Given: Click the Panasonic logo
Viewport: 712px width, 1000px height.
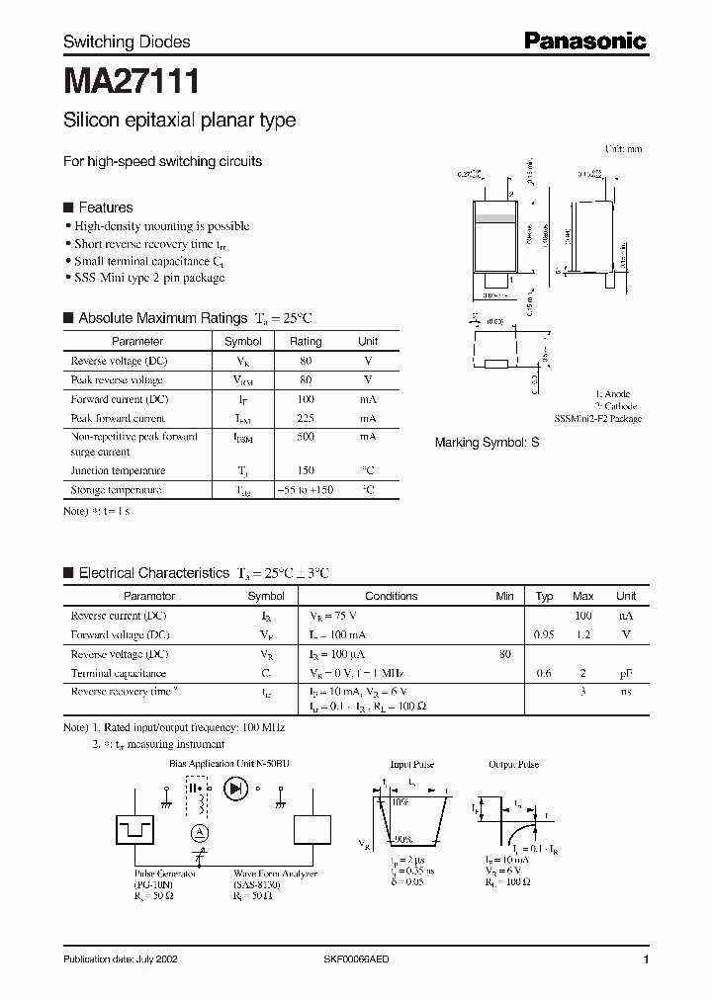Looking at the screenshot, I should coord(584,41).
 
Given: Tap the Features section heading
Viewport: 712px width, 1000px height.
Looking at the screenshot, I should coord(105,208).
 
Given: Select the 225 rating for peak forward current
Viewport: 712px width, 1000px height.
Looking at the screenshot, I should coord(306,418).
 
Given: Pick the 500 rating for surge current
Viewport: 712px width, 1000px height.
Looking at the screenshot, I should coord(306,437).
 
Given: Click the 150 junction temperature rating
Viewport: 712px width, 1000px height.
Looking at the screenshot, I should coord(306,471).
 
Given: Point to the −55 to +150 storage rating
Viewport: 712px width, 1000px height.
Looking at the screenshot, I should coord(306,490).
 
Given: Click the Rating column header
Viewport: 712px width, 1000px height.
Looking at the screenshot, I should coord(306,341).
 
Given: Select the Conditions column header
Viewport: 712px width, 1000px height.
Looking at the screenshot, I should coord(391,596).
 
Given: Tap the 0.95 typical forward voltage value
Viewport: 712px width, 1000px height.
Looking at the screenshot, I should coord(544,635).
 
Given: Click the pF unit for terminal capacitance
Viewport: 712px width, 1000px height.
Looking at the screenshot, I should coord(626,673).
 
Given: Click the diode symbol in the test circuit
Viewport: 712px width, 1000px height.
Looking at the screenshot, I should coord(235,788).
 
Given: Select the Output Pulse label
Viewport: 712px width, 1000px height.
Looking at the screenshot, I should coord(514,764).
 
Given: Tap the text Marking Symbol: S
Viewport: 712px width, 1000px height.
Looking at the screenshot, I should coord(487,443).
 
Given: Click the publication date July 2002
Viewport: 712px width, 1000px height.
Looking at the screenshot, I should coord(122,960).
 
